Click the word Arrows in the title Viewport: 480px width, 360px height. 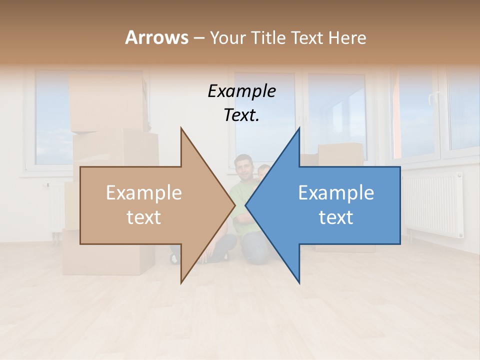click(156, 37)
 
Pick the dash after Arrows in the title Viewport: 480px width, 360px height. click(199, 38)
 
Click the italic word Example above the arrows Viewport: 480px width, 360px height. click(241, 91)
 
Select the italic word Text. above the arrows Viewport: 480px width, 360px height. click(241, 115)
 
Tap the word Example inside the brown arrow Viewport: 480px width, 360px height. click(143, 193)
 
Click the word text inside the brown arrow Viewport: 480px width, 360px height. click(143, 217)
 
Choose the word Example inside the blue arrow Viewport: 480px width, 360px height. click(336, 193)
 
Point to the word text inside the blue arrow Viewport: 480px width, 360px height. click(336, 217)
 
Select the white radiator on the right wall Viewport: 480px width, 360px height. click(432, 205)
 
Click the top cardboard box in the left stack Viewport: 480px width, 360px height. click(107, 102)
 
